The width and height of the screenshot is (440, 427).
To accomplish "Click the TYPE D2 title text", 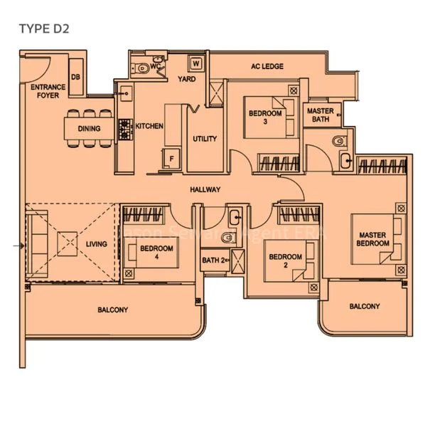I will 44,28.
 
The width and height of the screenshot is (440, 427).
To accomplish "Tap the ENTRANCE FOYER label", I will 48,91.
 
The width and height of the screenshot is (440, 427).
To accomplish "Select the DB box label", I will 75,78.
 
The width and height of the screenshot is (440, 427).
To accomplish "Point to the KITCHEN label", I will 150,126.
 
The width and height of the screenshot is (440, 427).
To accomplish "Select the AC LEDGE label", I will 267,66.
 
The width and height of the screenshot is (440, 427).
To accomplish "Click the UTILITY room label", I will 205,139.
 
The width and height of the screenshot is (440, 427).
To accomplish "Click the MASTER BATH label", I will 320,115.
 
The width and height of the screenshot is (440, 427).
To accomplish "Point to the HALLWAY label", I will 205,190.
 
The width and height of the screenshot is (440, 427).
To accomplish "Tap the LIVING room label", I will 97,244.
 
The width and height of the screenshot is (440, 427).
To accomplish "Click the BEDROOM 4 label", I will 156,252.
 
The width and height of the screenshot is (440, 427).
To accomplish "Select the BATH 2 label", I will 213,260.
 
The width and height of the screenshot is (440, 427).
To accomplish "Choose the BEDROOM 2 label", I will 284,260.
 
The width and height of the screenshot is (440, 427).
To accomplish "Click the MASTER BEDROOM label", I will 374,239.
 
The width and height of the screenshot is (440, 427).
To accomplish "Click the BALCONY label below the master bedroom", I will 364,307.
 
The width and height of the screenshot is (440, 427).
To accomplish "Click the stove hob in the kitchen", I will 126,129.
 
